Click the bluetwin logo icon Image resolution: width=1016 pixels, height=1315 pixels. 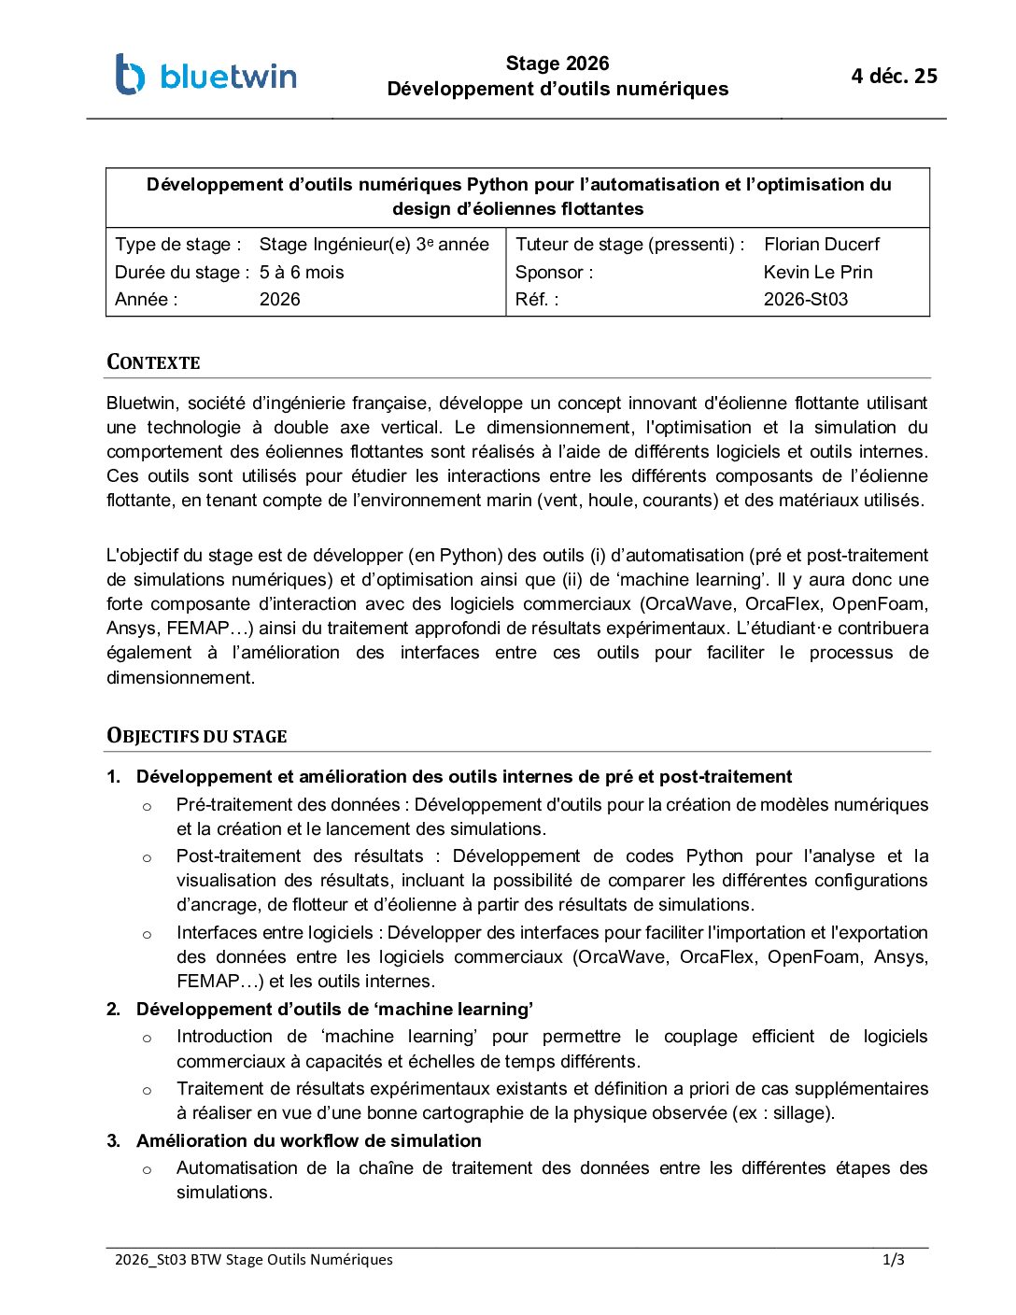pyautogui.click(x=130, y=75)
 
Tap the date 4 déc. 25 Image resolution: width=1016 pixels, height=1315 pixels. pyautogui.click(x=894, y=77)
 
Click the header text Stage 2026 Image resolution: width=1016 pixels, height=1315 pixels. pyautogui.click(x=557, y=64)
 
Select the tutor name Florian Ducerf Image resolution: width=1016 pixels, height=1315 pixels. pyautogui.click(x=821, y=245)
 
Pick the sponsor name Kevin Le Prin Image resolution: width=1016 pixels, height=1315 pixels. pyautogui.click(x=818, y=273)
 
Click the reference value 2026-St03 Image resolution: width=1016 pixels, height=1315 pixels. pyautogui.click(x=805, y=300)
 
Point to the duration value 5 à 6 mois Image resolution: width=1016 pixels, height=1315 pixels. pyautogui.click(x=302, y=273)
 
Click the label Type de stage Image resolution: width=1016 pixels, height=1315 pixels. pyautogui.click(x=177, y=245)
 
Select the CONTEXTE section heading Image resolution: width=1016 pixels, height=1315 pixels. pyautogui.click(x=153, y=362)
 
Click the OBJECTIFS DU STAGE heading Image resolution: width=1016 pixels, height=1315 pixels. pyautogui.click(x=196, y=736)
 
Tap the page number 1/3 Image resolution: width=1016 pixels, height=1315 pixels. pyautogui.click(x=893, y=1260)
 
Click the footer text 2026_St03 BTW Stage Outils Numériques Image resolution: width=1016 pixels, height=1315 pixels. pyautogui.click(x=253, y=1260)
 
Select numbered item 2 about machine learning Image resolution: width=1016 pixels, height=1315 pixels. pyautogui.click(x=334, y=1010)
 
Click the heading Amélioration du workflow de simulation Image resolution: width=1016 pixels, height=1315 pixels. pyautogui.click(x=308, y=1141)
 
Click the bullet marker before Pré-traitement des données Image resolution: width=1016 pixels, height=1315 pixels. pyautogui.click(x=147, y=806)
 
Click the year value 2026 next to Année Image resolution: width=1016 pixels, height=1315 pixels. pyautogui.click(x=279, y=300)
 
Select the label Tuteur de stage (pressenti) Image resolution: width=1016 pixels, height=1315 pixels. pyautogui.click(x=629, y=245)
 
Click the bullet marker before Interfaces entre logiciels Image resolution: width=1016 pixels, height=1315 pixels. pyautogui.click(x=147, y=934)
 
